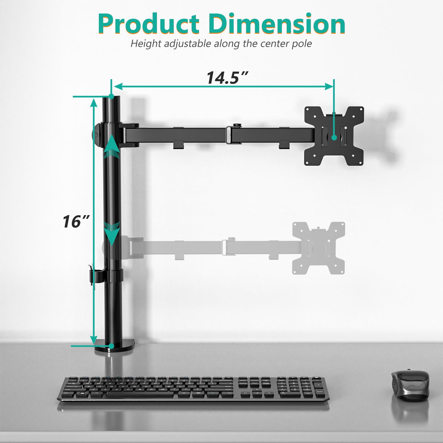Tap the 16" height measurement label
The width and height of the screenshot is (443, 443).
[76, 221]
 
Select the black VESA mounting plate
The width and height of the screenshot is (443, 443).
[334, 136]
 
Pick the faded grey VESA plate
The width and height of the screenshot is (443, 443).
[318, 248]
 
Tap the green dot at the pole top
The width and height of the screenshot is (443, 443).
[111, 97]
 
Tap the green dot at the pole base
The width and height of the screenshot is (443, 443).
[111, 346]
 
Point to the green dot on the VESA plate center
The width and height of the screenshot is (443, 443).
[334, 137]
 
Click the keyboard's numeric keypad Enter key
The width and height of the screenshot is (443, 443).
[320, 391]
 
